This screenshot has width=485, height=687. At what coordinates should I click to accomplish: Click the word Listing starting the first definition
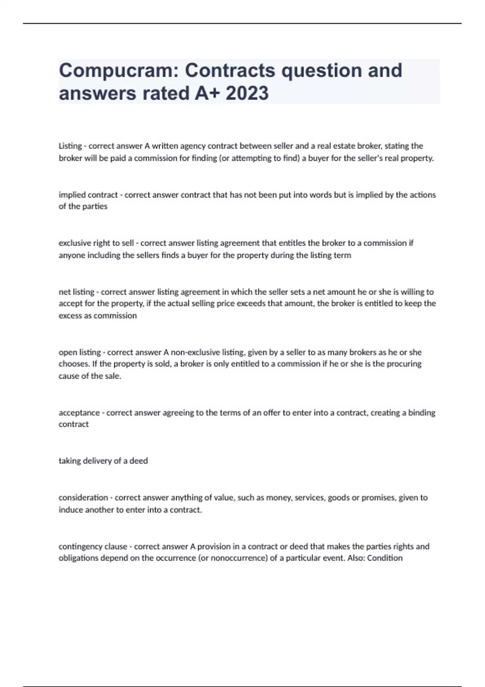[70, 146]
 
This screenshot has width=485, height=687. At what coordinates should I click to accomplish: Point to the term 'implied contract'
[88, 195]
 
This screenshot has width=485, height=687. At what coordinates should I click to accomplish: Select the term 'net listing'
[76, 292]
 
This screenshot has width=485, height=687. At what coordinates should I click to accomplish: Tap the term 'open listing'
[80, 352]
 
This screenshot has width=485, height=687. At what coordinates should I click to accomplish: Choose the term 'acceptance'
[79, 413]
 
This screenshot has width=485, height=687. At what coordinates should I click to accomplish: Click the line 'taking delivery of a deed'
[103, 461]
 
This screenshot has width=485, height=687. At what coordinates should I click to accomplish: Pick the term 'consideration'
[83, 497]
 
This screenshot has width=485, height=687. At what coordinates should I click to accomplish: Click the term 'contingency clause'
[93, 546]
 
